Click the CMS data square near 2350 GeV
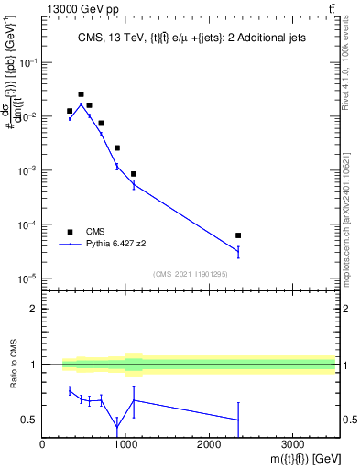(238, 235)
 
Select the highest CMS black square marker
(81, 94)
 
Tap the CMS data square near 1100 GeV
(134, 174)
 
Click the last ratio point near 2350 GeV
(238, 420)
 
